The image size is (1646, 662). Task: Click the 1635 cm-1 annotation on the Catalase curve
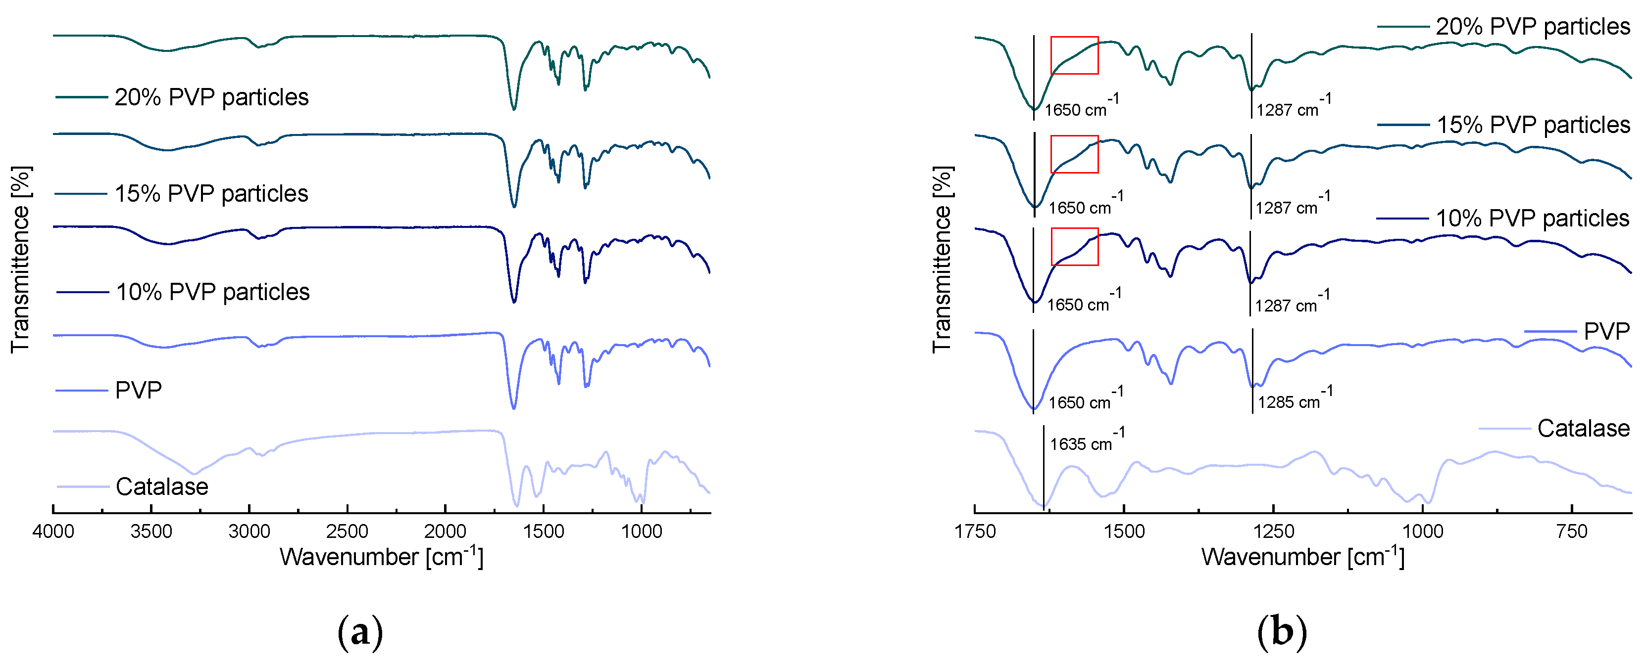coord(1086,442)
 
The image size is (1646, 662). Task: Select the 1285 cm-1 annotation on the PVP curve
coord(1295,400)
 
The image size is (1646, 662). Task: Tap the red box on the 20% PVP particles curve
coord(1074,55)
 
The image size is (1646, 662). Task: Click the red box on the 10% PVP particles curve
coord(1074,246)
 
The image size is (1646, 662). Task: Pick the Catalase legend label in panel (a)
coord(162,487)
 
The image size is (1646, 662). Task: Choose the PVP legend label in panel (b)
coord(1606,331)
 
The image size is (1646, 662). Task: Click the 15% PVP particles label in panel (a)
coord(211,193)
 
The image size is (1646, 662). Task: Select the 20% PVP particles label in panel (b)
coord(1532,27)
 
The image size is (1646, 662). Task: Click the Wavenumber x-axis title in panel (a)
coord(381,557)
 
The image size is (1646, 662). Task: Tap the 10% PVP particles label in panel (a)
coord(212,292)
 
